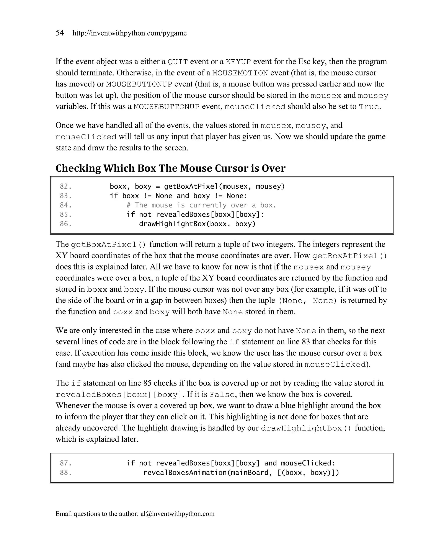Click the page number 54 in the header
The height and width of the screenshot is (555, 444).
coord(60,33)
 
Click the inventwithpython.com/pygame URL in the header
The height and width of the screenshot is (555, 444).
coord(129,33)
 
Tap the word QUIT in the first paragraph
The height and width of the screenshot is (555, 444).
coord(178,62)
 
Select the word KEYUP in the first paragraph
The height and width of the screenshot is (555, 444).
coord(238,62)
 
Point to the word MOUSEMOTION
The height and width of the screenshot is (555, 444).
coord(240,73)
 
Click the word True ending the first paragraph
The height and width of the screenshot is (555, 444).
coord(369,107)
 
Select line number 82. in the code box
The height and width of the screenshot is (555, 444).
coord(66,186)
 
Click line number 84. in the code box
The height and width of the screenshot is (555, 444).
coord(66,205)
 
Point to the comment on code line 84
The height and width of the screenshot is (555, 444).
coord(201,205)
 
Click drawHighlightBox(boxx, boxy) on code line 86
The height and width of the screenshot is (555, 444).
coord(197,224)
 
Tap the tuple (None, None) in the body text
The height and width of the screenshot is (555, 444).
coord(308,301)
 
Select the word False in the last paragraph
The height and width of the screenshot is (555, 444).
coord(222,395)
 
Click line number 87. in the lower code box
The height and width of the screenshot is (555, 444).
coord(66,463)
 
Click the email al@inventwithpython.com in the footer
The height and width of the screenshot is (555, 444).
coord(177,514)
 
